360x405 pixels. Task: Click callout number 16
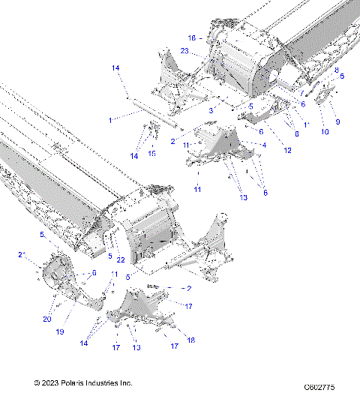(192, 37)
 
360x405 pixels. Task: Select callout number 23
(184, 52)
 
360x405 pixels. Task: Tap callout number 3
(211, 110)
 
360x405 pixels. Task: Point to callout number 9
(337, 121)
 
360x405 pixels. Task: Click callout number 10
(325, 132)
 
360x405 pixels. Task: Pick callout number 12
(287, 151)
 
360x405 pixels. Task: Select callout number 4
(263, 144)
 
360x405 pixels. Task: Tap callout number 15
(151, 153)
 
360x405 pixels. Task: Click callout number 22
(120, 259)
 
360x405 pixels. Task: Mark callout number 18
(190, 340)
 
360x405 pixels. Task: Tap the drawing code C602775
(319, 387)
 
